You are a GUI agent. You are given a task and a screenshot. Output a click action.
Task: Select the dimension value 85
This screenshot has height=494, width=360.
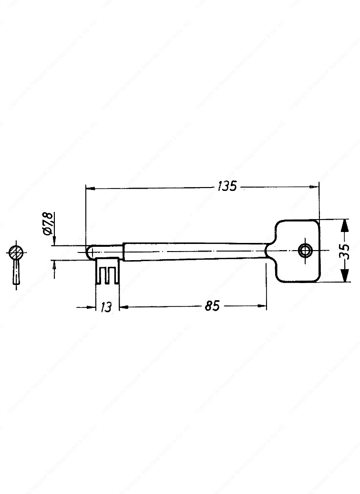tap(212, 306)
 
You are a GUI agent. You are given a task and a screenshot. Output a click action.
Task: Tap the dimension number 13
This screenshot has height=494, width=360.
tap(106, 307)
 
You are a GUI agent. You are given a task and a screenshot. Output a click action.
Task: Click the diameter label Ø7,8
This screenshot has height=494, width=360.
tap(47, 224)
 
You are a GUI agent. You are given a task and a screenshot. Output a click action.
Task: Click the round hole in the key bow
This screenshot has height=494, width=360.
tap(304, 250)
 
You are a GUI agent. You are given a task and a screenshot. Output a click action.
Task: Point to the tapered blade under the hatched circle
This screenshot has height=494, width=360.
tap(16, 273)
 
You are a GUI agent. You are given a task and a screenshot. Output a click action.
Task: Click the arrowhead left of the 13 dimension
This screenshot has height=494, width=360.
tap(93, 307)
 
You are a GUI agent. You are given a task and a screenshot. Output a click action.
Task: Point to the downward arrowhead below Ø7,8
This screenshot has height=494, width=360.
tap(53, 241)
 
